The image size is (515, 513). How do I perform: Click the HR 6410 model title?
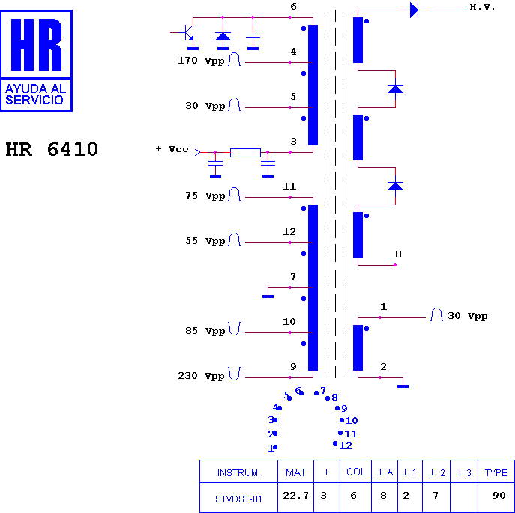pyautogui.click(x=52, y=149)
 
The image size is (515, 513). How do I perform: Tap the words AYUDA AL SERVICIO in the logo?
pyautogui.click(x=36, y=94)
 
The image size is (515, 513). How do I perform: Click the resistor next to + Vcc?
pyautogui.click(x=245, y=153)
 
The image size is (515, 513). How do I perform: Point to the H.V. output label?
pyautogui.click(x=482, y=7)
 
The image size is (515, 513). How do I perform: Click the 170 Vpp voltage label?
pyautogui.click(x=201, y=61)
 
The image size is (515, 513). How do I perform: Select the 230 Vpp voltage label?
pyautogui.click(x=201, y=376)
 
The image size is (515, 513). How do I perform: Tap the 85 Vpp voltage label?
pyautogui.click(x=205, y=331)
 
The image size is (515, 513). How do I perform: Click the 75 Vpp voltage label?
pyautogui.click(x=205, y=196)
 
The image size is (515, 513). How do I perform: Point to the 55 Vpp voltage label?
pyautogui.click(x=205, y=241)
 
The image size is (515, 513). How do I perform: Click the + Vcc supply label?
pyautogui.click(x=172, y=149)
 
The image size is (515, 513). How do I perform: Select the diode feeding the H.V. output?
pyautogui.click(x=414, y=10)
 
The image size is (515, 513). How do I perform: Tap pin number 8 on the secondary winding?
pyautogui.click(x=398, y=254)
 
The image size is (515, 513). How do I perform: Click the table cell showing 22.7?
pyautogui.click(x=295, y=496)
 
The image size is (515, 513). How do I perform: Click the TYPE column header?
pyautogui.click(x=496, y=472)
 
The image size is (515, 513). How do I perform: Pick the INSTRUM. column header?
pyautogui.click(x=238, y=473)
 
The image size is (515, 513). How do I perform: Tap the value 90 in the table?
pyautogui.click(x=499, y=496)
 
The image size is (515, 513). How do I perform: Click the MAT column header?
pyautogui.click(x=295, y=472)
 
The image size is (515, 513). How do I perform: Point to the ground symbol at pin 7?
pyautogui.click(x=268, y=296)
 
